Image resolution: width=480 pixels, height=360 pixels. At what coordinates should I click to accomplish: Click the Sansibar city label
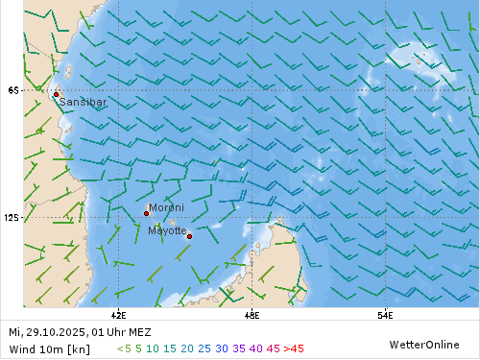83,101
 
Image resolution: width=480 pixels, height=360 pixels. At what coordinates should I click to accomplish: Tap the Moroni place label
165,206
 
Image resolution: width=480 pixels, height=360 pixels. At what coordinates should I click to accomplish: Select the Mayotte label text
167,229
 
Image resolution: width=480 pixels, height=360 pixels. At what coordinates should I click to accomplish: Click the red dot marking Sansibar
56,94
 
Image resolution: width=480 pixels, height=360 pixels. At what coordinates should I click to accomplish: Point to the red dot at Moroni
146,213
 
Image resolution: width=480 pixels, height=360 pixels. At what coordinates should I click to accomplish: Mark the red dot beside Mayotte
189,236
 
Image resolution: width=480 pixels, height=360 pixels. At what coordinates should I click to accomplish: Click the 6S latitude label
12,90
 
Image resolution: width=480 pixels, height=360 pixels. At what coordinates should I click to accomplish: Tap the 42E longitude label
119,314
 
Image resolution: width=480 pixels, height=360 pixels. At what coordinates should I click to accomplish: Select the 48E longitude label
252,314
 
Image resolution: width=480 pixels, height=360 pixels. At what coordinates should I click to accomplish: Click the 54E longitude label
384,314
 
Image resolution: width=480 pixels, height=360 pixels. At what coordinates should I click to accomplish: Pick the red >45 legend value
295,348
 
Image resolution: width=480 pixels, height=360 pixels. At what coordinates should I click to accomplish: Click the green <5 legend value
124,348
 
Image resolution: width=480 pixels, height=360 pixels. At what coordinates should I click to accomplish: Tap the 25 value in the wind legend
204,348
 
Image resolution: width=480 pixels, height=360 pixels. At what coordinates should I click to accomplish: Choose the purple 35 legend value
240,348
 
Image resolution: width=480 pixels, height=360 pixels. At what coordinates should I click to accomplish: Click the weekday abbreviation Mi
13,332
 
